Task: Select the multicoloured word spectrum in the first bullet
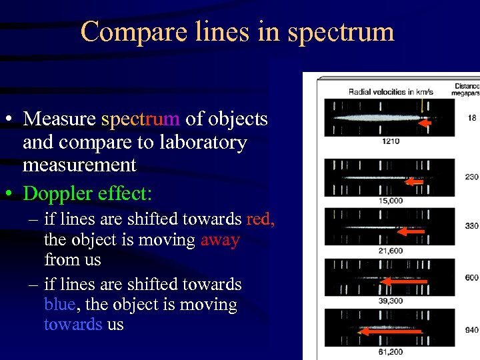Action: tap(141, 119)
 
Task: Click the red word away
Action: tap(220, 239)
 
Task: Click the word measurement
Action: tap(79, 165)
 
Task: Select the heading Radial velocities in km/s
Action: tap(391, 91)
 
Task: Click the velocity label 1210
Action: tap(391, 141)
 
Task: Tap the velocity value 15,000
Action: tap(391, 200)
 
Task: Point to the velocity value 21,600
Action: tap(391, 250)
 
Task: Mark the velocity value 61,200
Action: tap(391, 351)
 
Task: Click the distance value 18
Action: tap(472, 118)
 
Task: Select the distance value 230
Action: tap(472, 177)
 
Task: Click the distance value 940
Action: tap(472, 329)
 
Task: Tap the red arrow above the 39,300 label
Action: tap(403, 282)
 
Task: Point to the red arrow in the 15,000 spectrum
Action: tap(415, 181)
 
